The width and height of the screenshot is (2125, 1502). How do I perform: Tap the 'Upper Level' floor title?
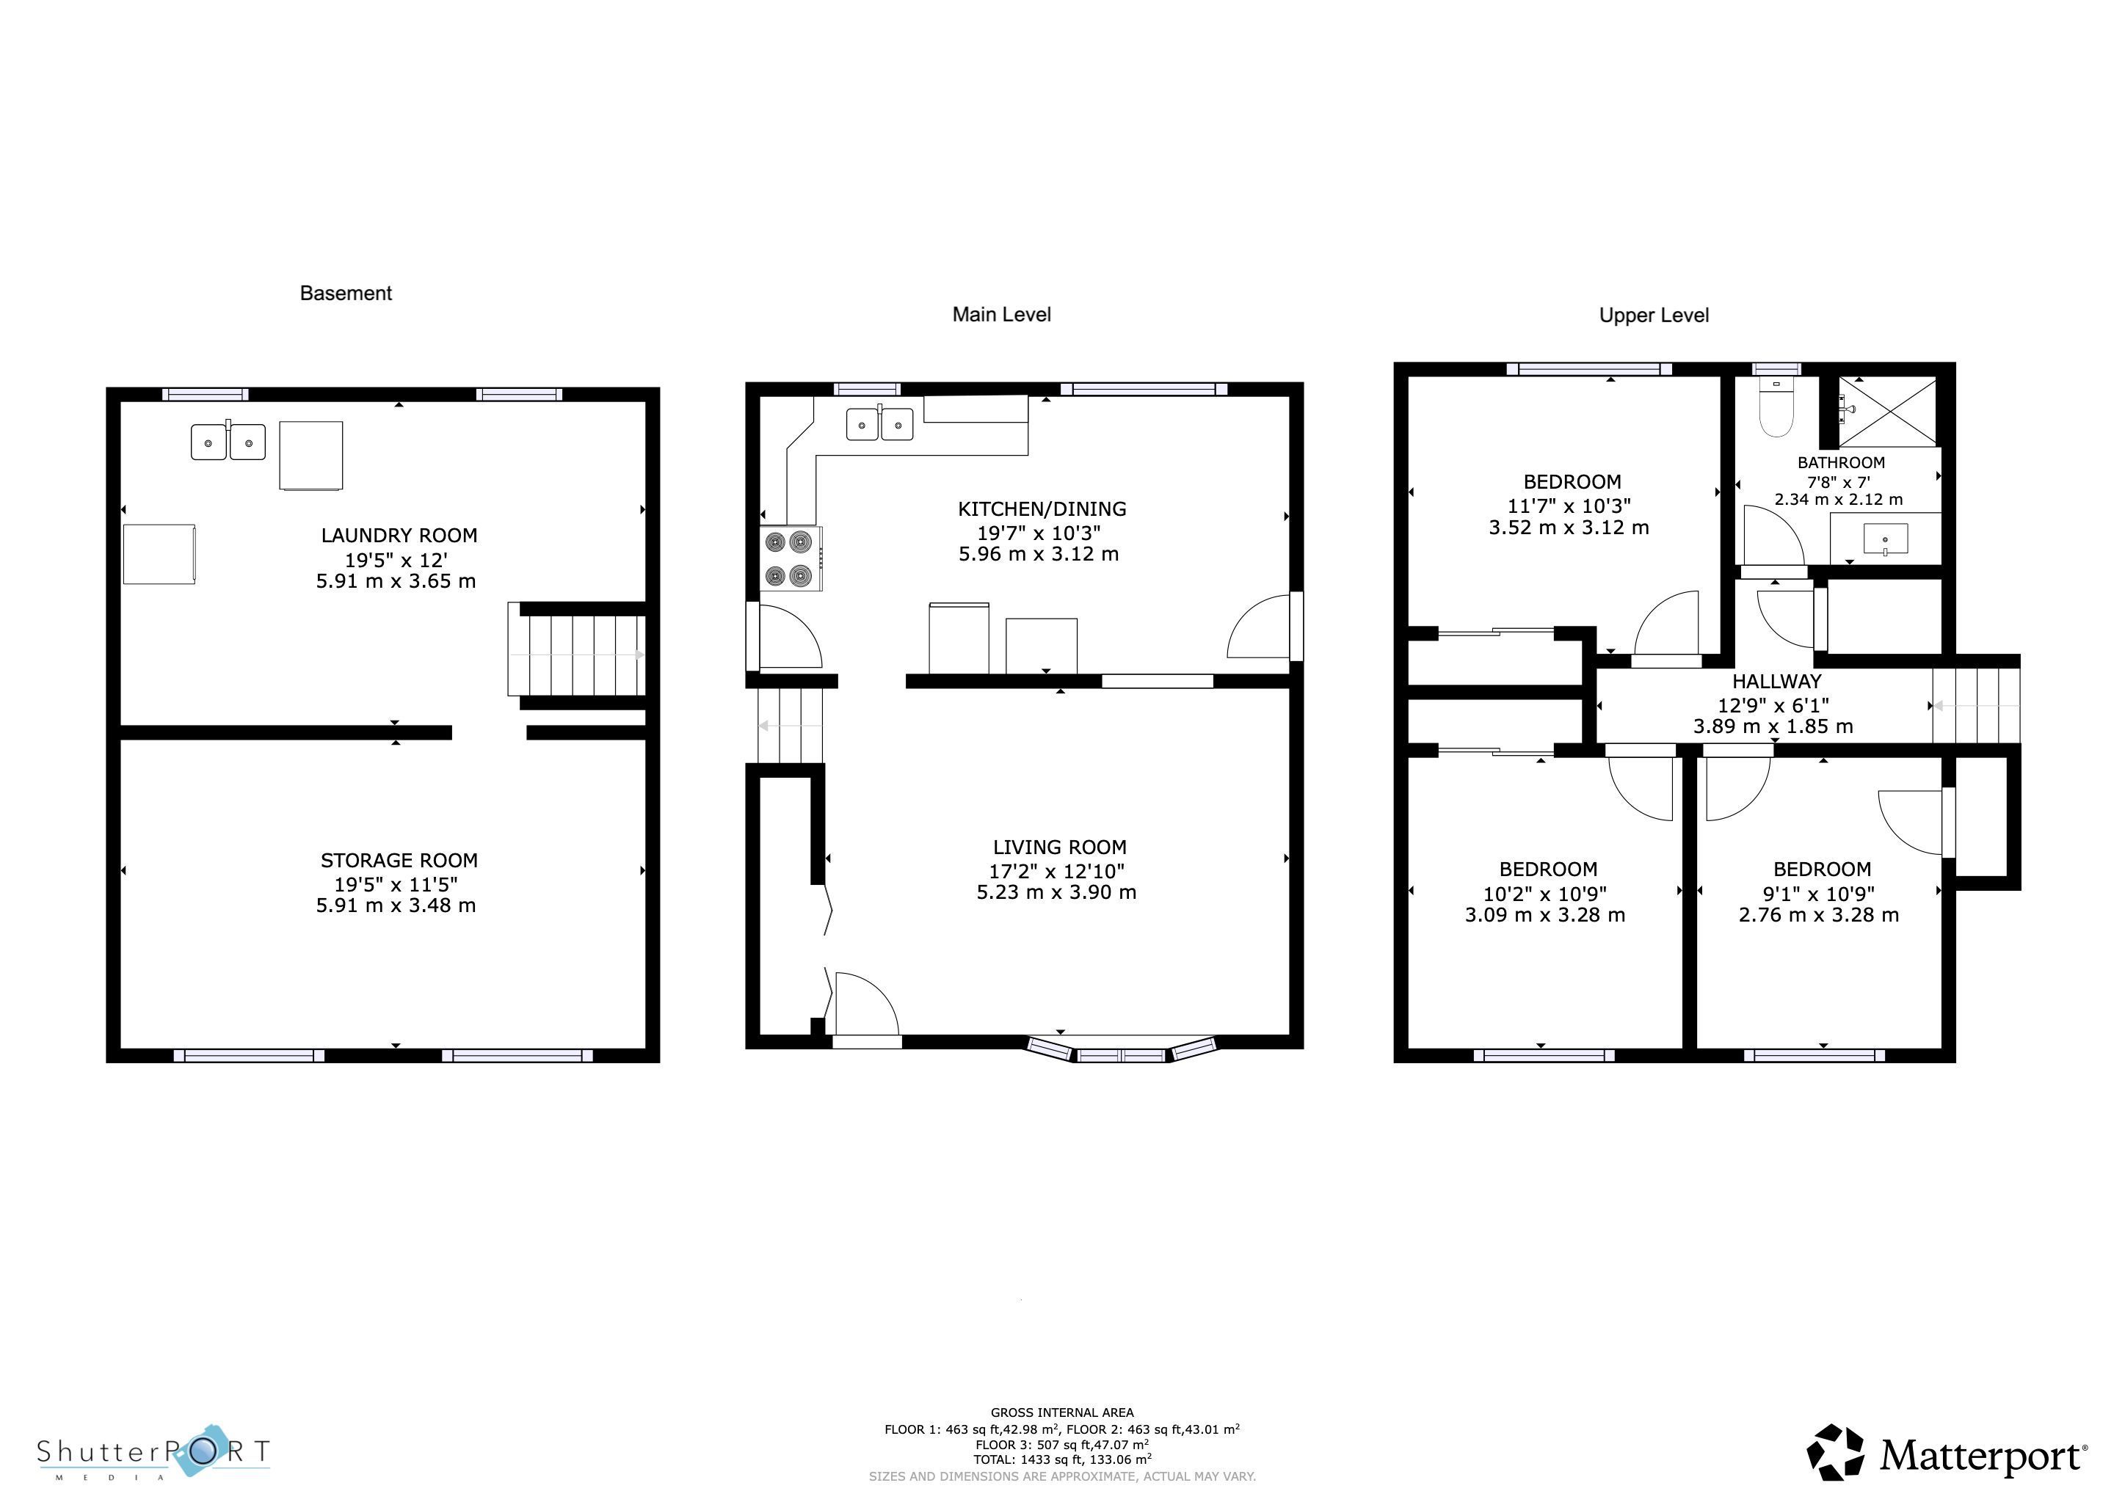(x=1653, y=316)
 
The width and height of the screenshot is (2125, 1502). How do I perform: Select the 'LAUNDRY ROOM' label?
(x=399, y=535)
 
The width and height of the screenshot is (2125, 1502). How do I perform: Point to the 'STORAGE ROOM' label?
(x=399, y=860)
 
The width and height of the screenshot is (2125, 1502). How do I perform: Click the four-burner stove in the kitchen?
(x=791, y=558)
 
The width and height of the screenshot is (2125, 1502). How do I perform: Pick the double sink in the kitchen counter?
(x=879, y=424)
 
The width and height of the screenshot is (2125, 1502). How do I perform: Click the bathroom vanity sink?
(x=1885, y=538)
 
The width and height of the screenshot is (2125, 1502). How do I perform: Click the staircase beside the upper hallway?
(x=1975, y=705)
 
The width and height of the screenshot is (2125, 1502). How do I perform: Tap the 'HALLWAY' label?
(x=1776, y=681)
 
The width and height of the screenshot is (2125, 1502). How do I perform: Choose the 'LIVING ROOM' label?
(x=1060, y=847)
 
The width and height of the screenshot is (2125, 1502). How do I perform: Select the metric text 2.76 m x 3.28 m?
(x=1819, y=915)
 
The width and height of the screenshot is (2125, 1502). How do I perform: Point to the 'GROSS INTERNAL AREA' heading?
(x=1061, y=1412)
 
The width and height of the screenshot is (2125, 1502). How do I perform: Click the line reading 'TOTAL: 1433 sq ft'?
(x=1061, y=1459)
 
